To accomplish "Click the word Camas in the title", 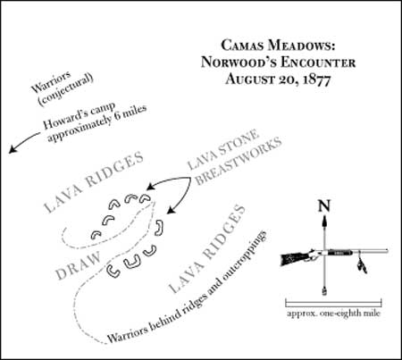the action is (242, 46).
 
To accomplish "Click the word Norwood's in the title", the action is (239, 63).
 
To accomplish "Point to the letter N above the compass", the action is (324, 206).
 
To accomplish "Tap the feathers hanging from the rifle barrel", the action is (362, 264).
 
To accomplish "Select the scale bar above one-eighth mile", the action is (333, 304).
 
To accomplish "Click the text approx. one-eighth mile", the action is (333, 314).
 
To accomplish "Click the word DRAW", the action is (79, 266).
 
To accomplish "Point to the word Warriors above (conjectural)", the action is (51, 81).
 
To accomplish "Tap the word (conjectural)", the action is (66, 89).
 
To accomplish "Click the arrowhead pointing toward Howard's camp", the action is (12, 149).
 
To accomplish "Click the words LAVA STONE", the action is (222, 149).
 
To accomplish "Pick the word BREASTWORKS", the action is (239, 161).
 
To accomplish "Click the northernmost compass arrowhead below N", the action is (324, 221).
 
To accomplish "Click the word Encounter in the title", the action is (318, 63).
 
